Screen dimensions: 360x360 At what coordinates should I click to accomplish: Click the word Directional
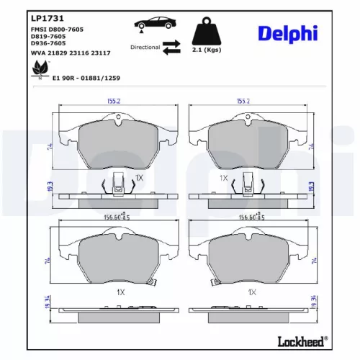[x=145, y=47]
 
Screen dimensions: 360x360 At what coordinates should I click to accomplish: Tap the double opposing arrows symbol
[x=171, y=48]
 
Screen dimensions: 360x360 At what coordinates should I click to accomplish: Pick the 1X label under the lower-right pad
[x=251, y=292]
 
